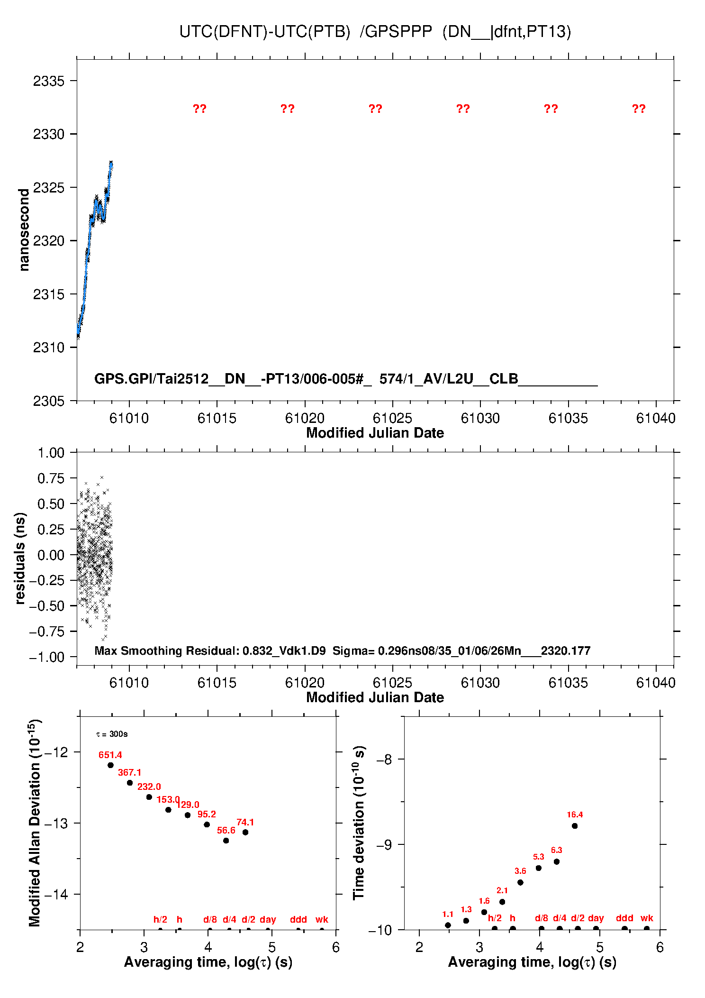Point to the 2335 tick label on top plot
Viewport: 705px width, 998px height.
tap(48, 81)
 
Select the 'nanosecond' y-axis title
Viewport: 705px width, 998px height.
tap(24, 229)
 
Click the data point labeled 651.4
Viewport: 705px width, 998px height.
tap(110, 765)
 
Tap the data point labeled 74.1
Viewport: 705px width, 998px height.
tap(245, 832)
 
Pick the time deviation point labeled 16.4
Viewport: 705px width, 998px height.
tap(575, 825)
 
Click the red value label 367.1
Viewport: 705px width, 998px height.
tap(129, 772)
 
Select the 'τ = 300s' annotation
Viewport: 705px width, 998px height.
tap(112, 734)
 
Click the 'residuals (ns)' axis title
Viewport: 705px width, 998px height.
tap(19, 558)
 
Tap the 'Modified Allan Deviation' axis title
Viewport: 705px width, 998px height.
tap(34, 823)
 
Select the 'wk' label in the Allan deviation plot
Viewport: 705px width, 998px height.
tap(322, 919)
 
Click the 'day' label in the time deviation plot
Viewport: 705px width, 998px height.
tap(596, 918)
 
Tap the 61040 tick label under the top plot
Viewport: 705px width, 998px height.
tap(656, 418)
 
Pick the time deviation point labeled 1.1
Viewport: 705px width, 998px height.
tap(448, 925)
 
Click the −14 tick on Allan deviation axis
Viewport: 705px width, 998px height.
tap(56, 895)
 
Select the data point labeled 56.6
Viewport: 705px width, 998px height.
tap(226, 841)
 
